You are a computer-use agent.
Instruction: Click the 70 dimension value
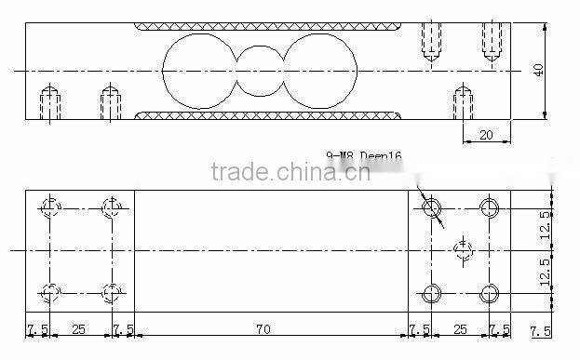click(263, 329)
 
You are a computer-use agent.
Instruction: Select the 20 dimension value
click(484, 134)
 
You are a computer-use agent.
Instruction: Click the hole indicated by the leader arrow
click(431, 207)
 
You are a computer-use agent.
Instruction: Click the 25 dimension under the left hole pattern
click(79, 329)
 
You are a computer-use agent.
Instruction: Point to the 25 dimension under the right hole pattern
click(459, 329)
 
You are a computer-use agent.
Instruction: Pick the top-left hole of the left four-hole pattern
click(51, 207)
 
